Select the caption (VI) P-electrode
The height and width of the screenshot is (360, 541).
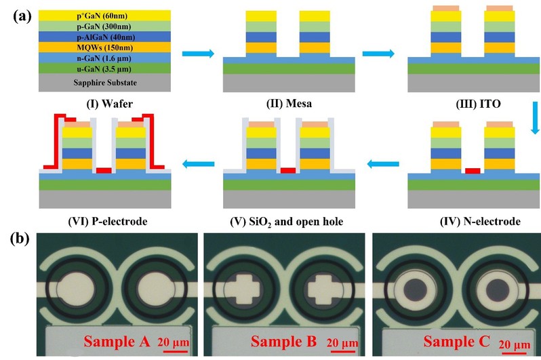click(102, 221)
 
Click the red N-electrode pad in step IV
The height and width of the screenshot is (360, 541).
click(473, 171)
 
